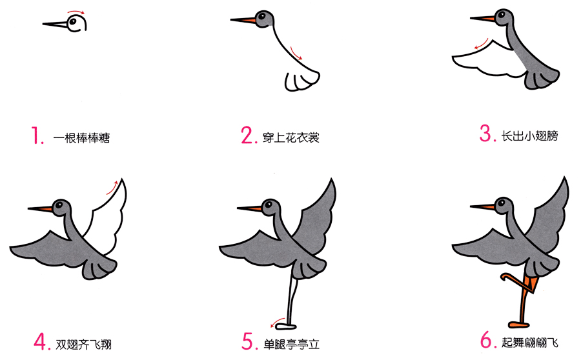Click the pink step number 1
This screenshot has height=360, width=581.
tap(36, 135)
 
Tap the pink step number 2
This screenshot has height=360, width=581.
tap(249, 135)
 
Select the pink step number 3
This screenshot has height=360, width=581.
tap(487, 134)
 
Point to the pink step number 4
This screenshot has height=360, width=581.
tap(41, 341)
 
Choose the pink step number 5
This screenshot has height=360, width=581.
tap(250, 341)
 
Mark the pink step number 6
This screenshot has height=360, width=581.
tap(488, 339)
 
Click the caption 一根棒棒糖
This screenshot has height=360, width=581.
tap(81, 138)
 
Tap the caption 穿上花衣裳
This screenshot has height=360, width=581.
tap(291, 138)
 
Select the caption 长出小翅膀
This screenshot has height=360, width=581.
tap(529, 136)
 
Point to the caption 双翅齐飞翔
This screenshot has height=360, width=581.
tap(83, 345)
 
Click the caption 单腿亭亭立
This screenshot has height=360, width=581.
tap(291, 345)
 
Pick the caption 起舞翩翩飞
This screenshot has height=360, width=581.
tap(530, 342)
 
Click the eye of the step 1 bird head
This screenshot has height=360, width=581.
tap(73, 21)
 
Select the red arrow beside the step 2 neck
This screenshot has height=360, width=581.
tap(296, 53)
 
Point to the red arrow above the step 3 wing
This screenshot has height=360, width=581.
tap(482, 44)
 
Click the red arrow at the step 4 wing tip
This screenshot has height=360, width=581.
tap(112, 187)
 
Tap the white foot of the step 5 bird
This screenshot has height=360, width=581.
tap(287, 326)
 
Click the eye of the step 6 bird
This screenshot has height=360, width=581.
tap(502, 203)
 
